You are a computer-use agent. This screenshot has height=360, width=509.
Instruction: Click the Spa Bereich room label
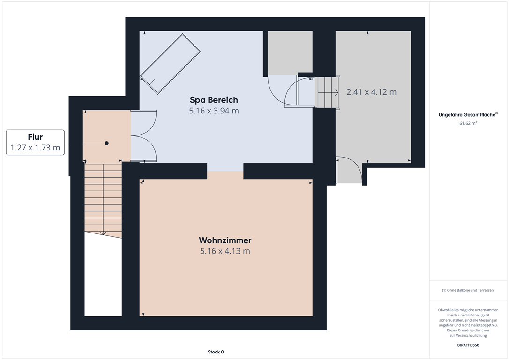pos(214,100)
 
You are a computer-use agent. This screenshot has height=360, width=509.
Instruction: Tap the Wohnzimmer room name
pos(225,240)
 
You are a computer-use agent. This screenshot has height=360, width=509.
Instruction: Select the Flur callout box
pos(35,142)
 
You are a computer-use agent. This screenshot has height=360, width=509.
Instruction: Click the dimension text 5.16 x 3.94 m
pos(214,111)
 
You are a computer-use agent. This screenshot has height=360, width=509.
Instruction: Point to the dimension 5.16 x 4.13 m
pos(225,251)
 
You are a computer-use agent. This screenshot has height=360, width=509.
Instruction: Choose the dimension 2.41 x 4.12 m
pos(371,92)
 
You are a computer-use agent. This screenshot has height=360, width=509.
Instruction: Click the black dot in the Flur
pos(106,143)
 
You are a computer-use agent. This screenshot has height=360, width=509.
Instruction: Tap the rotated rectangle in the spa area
pos(170,64)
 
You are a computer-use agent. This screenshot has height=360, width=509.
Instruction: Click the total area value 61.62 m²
pos(468,123)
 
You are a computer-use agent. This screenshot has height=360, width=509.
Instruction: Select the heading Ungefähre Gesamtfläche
pos(467,114)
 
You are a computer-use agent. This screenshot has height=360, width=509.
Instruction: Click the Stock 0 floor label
pos(216,352)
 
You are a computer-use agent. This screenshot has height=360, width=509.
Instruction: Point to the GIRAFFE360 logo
pos(468,345)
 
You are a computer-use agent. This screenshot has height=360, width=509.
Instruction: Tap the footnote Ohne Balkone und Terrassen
pos(468,290)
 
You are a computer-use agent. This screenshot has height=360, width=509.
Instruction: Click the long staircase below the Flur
pos(103,199)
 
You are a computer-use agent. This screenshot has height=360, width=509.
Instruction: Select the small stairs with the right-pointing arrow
pos(327,92)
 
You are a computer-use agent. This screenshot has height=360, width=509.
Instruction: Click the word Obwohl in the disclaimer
pos(444,310)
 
